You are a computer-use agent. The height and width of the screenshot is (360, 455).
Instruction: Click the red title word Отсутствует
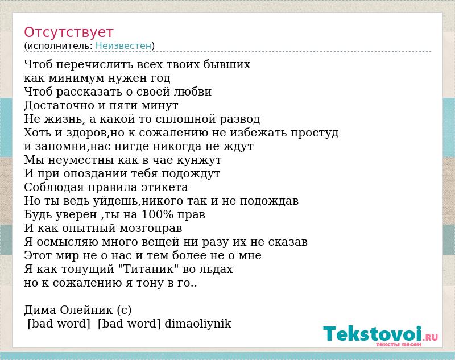tap(68, 32)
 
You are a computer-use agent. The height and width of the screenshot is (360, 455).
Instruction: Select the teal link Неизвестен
tap(123, 46)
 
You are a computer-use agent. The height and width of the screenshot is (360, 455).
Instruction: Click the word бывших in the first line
tap(226, 64)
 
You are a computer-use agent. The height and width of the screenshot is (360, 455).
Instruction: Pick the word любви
tap(193, 92)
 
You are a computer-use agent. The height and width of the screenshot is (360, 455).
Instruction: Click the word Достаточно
tap(60, 105)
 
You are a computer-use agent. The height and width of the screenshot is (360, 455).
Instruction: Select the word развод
tap(239, 119)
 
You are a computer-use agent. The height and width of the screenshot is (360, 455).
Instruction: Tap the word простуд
tap(315, 133)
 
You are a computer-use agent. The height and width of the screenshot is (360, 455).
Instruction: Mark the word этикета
tap(164, 188)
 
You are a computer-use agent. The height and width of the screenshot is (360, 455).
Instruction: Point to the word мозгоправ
tap(151, 228)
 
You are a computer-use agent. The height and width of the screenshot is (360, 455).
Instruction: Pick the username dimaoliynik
tap(198, 324)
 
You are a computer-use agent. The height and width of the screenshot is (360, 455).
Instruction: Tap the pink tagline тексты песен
tap(399, 344)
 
